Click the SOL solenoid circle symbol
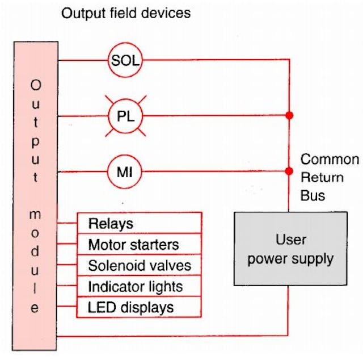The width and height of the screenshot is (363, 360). [125, 60]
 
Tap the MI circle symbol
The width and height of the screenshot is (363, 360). [125, 170]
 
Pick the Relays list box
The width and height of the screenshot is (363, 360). [138, 223]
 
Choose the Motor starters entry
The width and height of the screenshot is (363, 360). [138, 245]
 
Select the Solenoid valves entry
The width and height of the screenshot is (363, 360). [138, 265]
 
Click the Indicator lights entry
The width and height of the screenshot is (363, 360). [138, 286]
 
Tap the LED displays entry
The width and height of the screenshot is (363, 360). [138, 307]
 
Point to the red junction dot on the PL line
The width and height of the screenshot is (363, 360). [289, 116]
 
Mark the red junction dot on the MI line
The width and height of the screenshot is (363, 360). [289, 170]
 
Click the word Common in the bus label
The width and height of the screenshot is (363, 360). [329, 159]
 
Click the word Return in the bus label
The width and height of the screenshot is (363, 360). [322, 177]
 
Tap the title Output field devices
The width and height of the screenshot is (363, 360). [126, 12]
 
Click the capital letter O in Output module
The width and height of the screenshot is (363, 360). [35, 85]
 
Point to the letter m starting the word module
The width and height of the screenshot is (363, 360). [35, 215]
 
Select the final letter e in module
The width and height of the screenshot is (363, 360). [35, 308]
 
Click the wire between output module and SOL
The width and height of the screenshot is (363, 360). [82, 60]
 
